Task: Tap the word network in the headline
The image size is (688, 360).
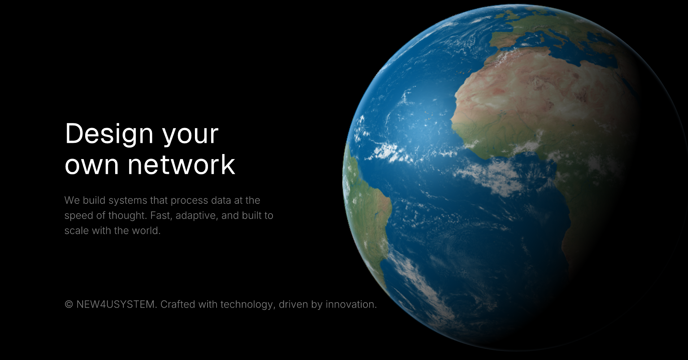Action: tap(181, 164)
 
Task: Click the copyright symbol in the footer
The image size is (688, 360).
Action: tap(69, 304)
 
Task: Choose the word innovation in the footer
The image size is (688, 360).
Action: tap(351, 304)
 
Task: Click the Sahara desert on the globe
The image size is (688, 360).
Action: tap(534, 90)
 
